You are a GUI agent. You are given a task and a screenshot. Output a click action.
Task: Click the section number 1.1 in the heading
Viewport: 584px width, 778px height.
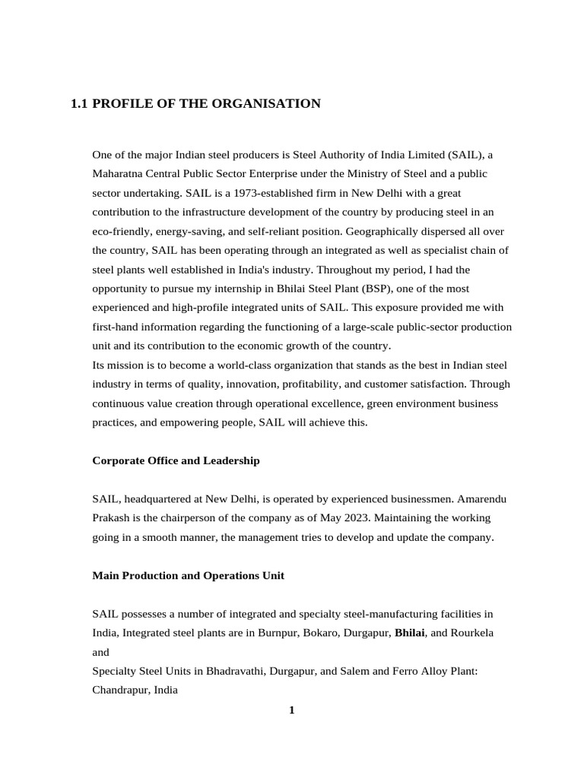tap(79, 103)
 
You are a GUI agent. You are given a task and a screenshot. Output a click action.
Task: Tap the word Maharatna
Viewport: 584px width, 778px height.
tap(119, 173)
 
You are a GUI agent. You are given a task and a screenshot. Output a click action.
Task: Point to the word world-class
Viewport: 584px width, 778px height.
tap(228, 365)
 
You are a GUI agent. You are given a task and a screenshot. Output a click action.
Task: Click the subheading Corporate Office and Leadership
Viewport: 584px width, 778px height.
tap(176, 460)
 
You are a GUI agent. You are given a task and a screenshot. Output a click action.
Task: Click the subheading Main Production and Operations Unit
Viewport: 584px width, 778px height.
tap(188, 575)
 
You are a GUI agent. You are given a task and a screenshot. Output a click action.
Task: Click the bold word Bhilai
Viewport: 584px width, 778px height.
tap(409, 633)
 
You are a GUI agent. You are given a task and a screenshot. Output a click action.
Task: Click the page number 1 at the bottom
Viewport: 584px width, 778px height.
tap(291, 710)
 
